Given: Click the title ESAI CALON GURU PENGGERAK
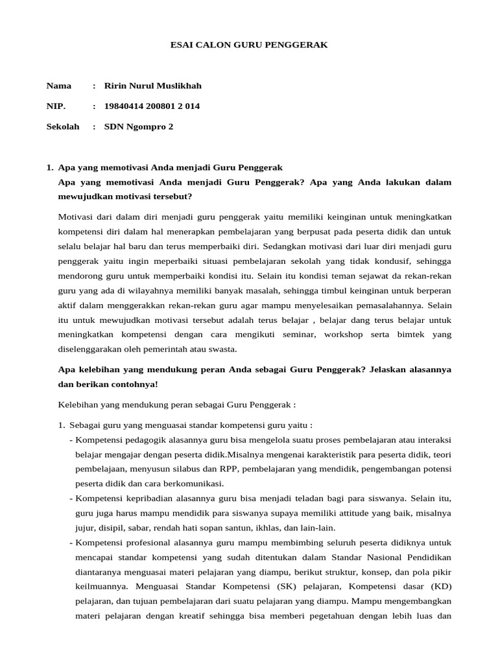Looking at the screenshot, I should tap(249, 45).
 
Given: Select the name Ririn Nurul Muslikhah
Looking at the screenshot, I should tap(153, 86).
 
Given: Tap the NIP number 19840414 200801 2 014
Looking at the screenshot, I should tap(152, 106).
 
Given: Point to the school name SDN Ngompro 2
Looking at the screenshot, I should tap(139, 127).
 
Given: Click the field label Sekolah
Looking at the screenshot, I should tap(63, 127).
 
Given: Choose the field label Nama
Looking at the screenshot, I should tap(59, 86).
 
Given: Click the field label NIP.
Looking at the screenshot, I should tap(56, 106).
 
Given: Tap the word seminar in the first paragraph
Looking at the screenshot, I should tap(300, 335).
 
